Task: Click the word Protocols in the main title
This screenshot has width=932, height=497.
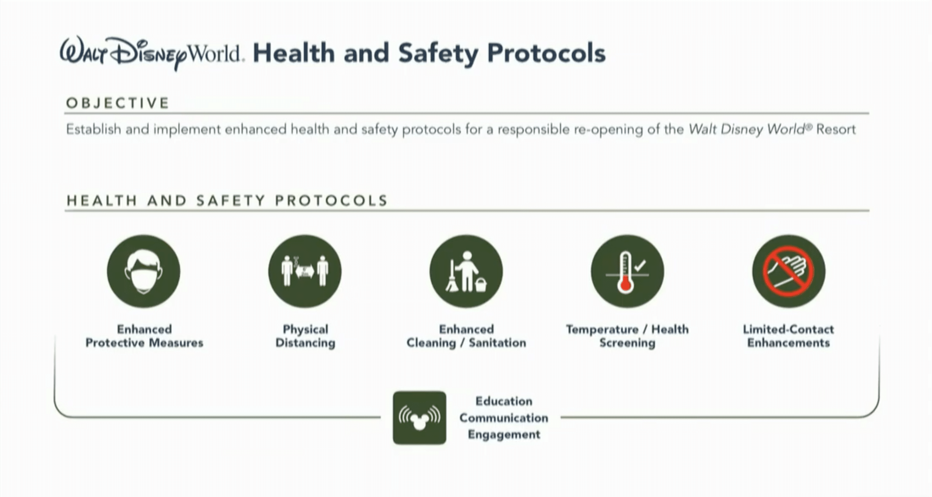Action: point(546,53)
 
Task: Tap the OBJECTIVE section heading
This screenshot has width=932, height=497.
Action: point(118,103)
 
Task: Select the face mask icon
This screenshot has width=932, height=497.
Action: point(144,272)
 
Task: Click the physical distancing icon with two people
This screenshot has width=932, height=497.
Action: point(305,272)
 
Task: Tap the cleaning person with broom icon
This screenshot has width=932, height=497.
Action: point(466,272)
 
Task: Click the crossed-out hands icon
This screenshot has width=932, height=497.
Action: point(789,272)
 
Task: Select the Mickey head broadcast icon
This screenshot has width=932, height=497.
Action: point(420,418)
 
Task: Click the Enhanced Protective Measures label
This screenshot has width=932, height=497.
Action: point(144,336)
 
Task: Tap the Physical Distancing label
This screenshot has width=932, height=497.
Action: point(305,336)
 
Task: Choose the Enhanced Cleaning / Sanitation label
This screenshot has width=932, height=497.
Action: point(466,336)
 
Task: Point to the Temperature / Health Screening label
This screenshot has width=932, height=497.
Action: point(627,336)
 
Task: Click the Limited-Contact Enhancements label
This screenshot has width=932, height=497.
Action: point(789,336)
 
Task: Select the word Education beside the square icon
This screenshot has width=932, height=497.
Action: point(504,401)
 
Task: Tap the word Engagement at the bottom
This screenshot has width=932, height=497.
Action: point(504,434)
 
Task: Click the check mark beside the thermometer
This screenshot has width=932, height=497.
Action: point(640,265)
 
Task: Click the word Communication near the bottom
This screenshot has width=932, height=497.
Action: point(504,418)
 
